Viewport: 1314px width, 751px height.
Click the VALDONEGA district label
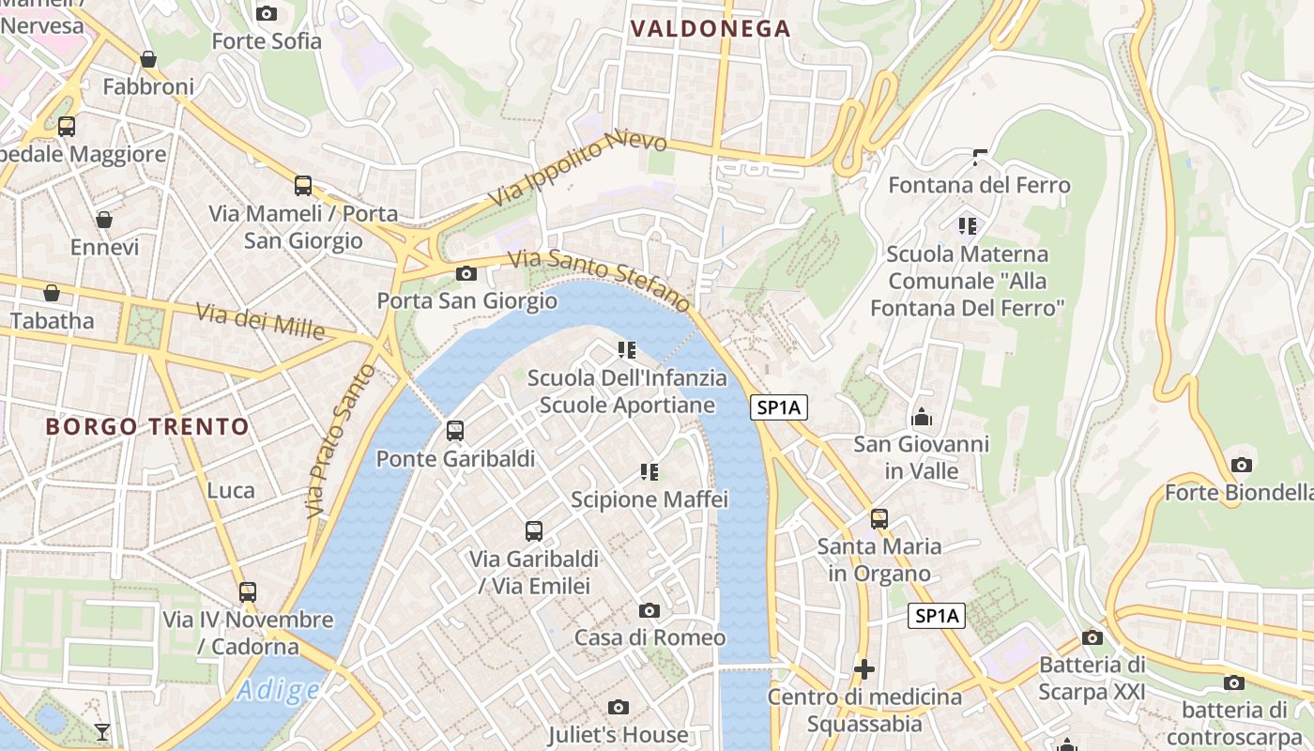coord(711,29)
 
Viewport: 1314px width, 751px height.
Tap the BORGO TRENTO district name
coord(147,427)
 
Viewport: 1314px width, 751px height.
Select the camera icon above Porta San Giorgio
coord(466,274)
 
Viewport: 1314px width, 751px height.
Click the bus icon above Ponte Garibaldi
coord(455,431)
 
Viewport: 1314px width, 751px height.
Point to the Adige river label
coord(278,691)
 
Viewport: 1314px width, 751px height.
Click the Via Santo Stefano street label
coord(600,280)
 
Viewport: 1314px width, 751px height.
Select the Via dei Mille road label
coord(260,321)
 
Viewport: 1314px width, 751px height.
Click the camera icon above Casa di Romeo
coord(649,610)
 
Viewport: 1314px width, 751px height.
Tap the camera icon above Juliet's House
coord(618,707)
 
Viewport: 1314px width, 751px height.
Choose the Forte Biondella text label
coord(1239,493)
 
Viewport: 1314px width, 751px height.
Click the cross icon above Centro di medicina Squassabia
coord(864,669)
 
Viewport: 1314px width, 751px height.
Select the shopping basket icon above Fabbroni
coord(148,59)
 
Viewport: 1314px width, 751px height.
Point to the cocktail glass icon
coord(102,731)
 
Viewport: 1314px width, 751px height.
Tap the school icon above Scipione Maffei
coord(649,471)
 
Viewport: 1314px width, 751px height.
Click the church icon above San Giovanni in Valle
coord(921,416)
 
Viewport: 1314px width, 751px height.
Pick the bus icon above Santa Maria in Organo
coord(879,518)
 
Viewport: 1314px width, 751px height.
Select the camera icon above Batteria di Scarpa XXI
coord(1092,637)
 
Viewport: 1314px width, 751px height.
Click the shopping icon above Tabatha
coord(52,293)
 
